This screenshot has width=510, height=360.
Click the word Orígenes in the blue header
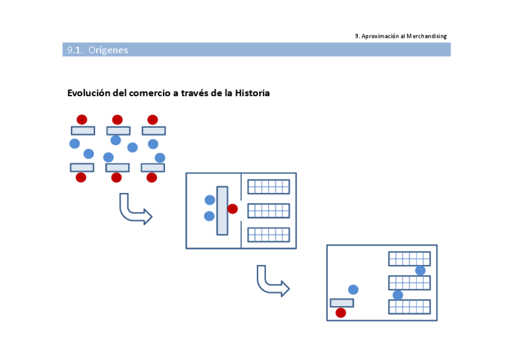point(108,50)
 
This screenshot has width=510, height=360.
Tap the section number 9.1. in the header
point(75,50)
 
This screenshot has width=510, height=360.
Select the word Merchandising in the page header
point(426,36)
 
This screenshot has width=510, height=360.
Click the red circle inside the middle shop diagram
point(233,209)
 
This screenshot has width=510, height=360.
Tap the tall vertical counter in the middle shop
point(222,210)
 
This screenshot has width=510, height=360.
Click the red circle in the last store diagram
point(341,313)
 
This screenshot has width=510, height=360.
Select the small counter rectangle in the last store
point(342,302)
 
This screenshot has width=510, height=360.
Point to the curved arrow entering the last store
point(272,282)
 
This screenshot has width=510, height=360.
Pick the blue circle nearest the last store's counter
point(353,290)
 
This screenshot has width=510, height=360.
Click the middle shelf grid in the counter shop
point(268,210)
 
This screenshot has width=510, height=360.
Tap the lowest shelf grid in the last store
point(409,307)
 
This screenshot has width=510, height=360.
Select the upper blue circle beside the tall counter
point(210,200)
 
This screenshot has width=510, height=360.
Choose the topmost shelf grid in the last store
point(409,258)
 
